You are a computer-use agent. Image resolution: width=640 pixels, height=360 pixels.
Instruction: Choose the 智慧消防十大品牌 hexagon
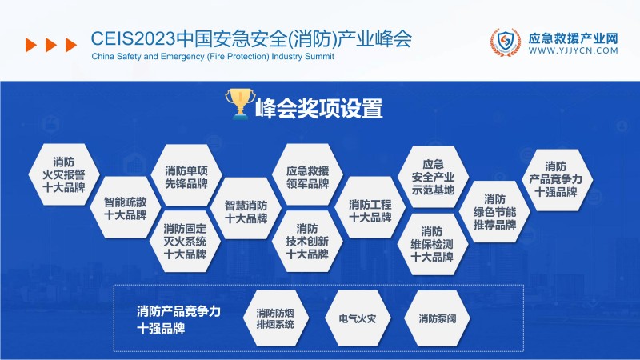[x=246, y=210]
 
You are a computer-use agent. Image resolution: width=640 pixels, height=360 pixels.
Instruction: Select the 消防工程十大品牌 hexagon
[x=370, y=210]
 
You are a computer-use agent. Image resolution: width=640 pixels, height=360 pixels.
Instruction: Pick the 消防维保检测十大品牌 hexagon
[x=432, y=243]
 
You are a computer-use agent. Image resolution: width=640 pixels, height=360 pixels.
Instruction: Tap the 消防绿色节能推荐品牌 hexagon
[x=494, y=211]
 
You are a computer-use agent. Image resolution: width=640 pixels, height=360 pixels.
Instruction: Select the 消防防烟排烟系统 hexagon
[x=275, y=318]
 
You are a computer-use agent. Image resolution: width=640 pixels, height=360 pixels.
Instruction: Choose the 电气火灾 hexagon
[x=357, y=318]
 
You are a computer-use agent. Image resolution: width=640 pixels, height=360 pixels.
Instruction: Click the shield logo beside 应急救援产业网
[x=506, y=43]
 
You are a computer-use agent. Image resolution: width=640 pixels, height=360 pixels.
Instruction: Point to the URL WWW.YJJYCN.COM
[x=574, y=50]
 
